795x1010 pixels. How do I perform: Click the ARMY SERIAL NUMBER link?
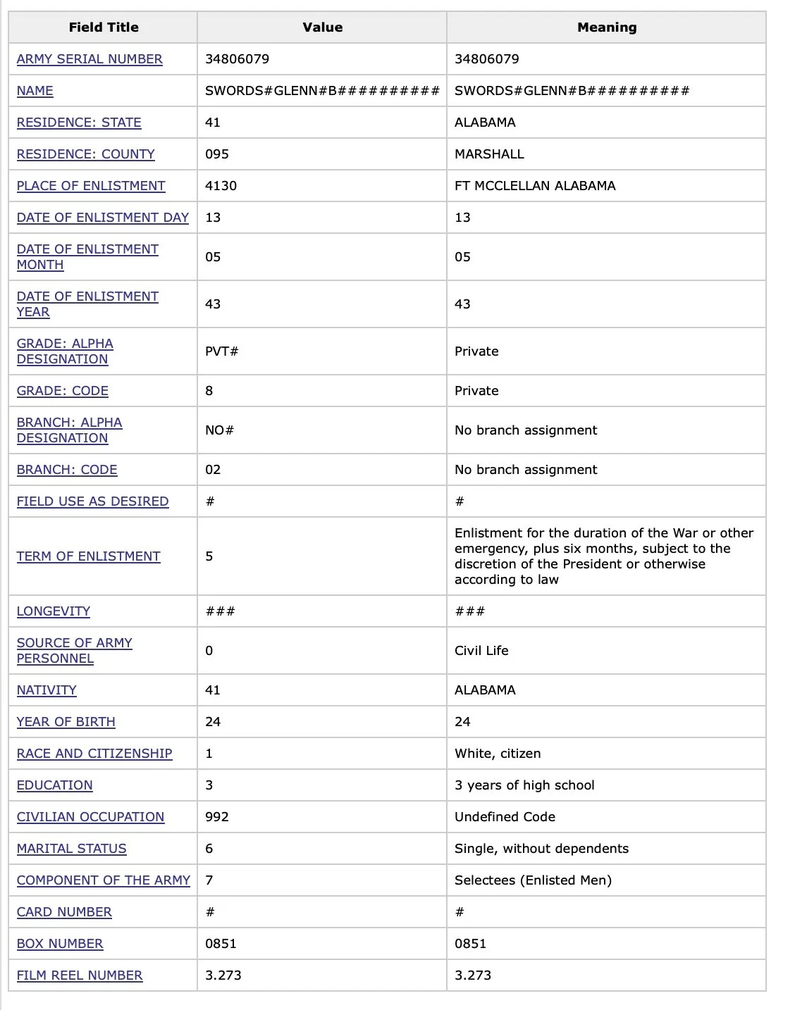pyautogui.click(x=90, y=59)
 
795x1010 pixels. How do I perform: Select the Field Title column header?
pyautogui.click(x=104, y=27)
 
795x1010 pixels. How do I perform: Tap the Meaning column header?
pyautogui.click(x=606, y=27)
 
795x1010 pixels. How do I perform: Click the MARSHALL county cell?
pyautogui.click(x=489, y=154)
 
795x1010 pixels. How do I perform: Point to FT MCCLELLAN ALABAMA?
pyautogui.click(x=535, y=186)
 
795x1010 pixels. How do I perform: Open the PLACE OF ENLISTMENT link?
pyautogui.click(x=91, y=186)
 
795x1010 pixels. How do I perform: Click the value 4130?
pyautogui.click(x=221, y=186)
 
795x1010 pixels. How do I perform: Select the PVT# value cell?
pyautogui.click(x=221, y=351)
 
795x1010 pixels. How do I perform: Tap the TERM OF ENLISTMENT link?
pyautogui.click(x=88, y=556)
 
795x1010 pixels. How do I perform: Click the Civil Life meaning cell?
pyautogui.click(x=481, y=651)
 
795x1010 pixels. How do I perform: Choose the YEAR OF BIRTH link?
pyautogui.click(x=66, y=722)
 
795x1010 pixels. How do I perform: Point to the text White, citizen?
pyautogui.click(x=498, y=754)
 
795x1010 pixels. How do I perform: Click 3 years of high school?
pyautogui.click(x=524, y=785)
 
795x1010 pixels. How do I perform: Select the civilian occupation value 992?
pyautogui.click(x=217, y=817)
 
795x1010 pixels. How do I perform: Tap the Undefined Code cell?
pyautogui.click(x=505, y=817)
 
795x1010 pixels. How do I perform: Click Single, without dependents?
pyautogui.click(x=541, y=849)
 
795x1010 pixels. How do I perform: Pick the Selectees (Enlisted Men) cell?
pyautogui.click(x=533, y=880)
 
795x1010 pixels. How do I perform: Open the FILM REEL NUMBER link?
pyautogui.click(x=80, y=975)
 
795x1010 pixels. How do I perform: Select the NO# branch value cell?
pyautogui.click(x=219, y=430)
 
